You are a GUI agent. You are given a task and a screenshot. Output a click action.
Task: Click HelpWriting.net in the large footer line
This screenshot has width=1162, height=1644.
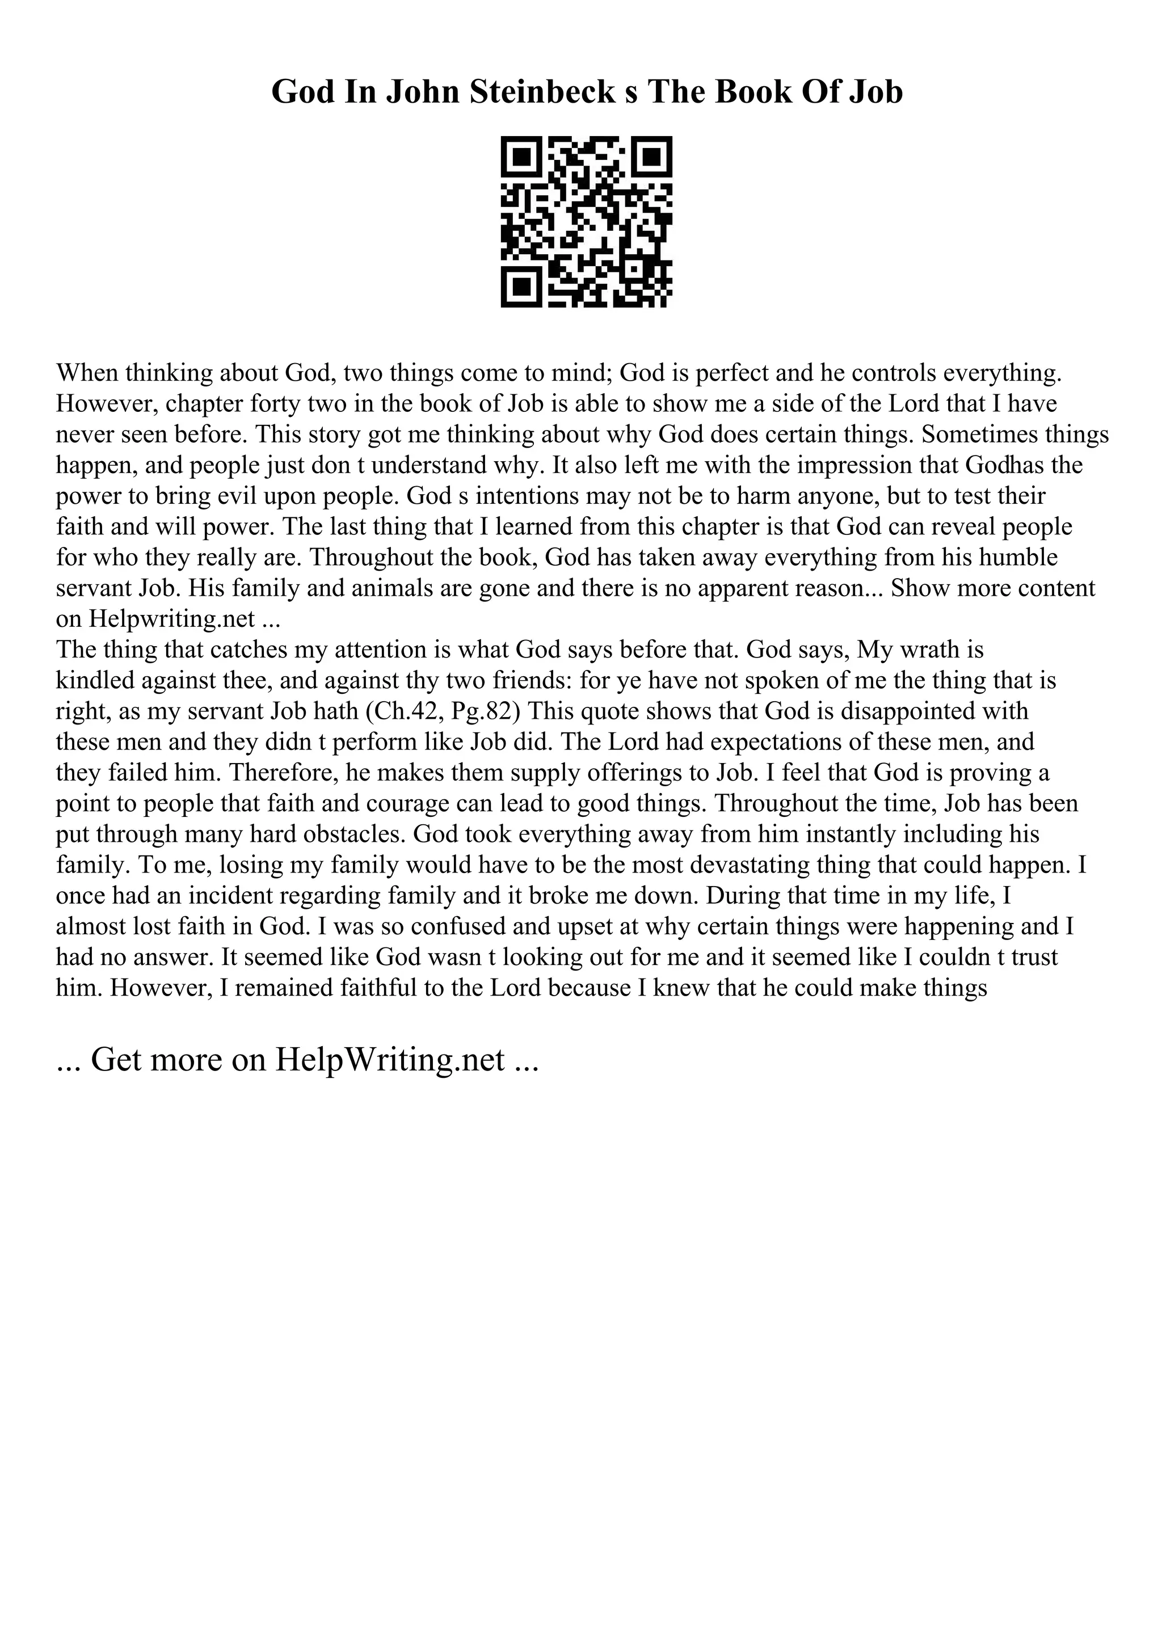coord(389,1060)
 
